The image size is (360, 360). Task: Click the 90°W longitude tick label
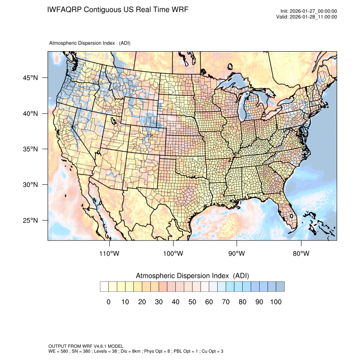tap(237, 254)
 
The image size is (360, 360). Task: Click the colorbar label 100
tap(275, 302)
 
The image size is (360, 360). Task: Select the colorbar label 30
tap(158, 302)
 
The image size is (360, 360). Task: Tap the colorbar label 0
tap(108, 302)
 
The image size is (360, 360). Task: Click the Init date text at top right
tap(309, 11)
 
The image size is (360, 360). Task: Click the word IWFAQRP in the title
tap(65, 9)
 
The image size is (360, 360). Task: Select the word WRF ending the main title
tap(180, 9)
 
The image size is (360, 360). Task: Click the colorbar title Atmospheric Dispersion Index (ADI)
tap(192, 276)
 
